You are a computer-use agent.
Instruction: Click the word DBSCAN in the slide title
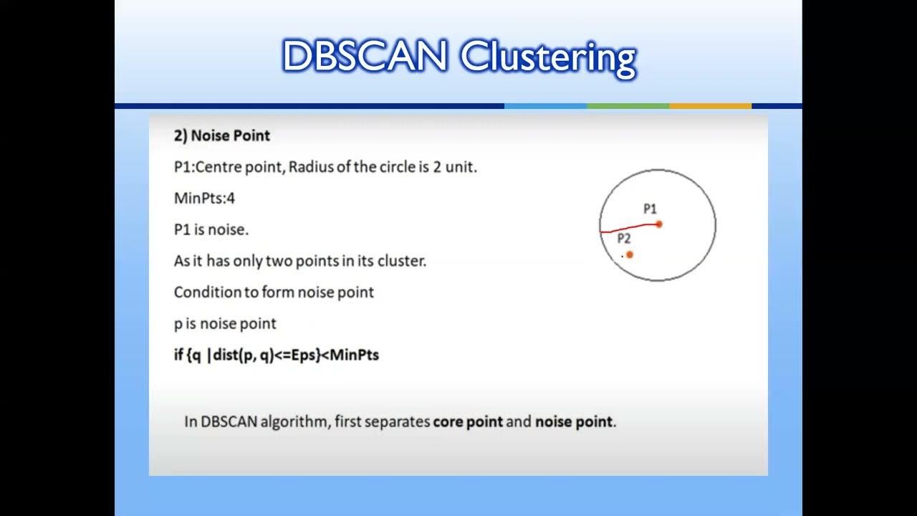tap(365, 57)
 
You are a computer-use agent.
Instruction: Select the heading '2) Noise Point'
tap(222, 135)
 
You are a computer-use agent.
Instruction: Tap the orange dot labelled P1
tap(659, 224)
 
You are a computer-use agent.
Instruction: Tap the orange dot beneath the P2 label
tap(630, 254)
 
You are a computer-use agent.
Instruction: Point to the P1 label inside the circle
tap(650, 209)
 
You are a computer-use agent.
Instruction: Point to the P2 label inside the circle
tap(624, 239)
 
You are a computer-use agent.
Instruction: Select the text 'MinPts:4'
tap(204, 198)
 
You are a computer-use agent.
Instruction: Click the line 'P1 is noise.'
tap(211, 229)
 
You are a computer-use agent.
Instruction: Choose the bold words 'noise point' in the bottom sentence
tap(574, 421)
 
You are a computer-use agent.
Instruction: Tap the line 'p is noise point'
tap(225, 323)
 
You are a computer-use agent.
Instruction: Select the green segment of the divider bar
tap(628, 106)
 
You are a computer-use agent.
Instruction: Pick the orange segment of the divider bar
tap(710, 106)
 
